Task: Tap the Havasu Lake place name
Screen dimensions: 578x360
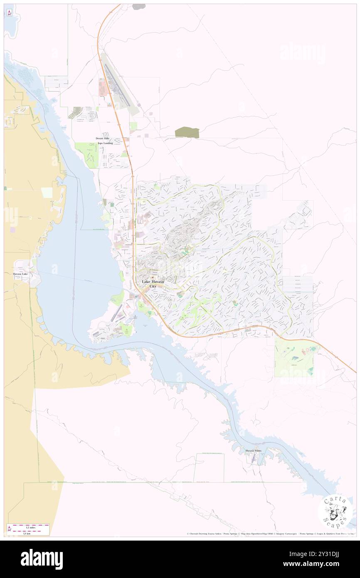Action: point(22,274)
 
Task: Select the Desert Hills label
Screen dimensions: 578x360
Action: point(103,138)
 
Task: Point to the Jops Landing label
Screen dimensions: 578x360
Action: point(105,143)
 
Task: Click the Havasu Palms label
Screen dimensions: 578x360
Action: point(254,451)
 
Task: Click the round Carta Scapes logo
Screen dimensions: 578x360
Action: point(335,511)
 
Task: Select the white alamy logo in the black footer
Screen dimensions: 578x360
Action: point(42,559)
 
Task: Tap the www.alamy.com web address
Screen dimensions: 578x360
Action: point(318,564)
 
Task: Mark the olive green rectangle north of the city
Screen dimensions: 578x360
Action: point(187,133)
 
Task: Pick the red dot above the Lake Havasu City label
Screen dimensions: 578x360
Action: point(152,278)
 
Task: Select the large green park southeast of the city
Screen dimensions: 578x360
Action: point(296,357)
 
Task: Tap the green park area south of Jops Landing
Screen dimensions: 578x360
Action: point(87,154)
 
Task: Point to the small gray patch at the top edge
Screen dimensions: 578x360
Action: point(139,7)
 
